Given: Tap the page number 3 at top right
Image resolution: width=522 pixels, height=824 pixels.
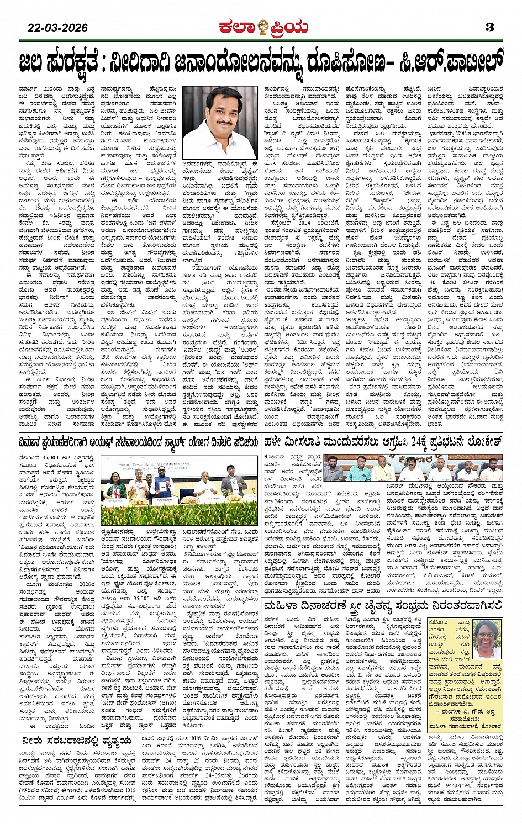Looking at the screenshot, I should [x=489, y=27].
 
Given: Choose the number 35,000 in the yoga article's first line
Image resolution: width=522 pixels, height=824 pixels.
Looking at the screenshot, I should [x=50, y=458].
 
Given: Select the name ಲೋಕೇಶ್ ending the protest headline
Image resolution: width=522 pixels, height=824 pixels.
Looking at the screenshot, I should [x=483, y=442].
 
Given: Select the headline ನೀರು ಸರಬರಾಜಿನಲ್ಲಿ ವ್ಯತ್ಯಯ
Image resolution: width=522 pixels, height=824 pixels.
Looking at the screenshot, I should [x=76, y=740].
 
